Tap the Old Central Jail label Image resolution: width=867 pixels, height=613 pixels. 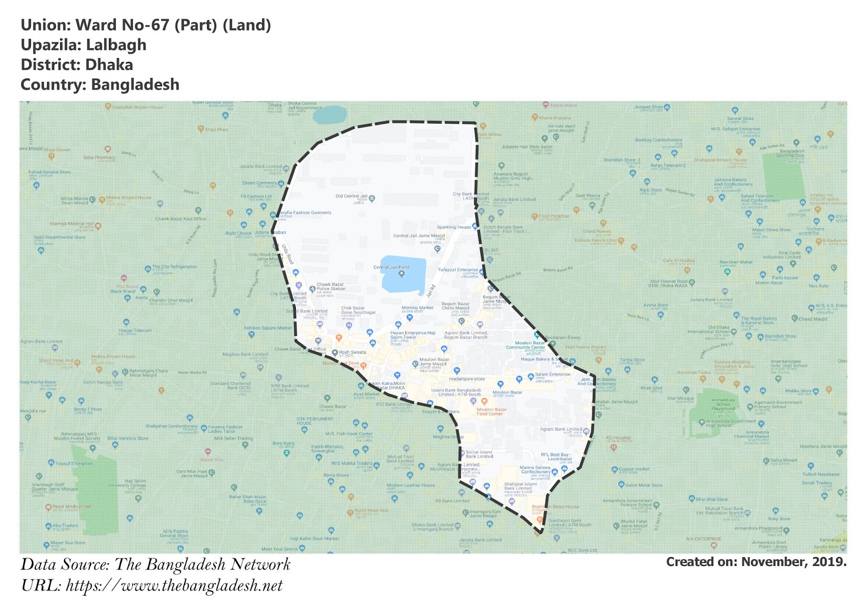coord(351,196)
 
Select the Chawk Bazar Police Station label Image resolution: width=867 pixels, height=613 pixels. coord(331,286)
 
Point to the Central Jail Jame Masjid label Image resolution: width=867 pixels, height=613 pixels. coord(419,236)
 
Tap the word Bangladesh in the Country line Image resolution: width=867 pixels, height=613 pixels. coord(135,85)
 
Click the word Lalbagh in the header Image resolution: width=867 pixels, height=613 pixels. coord(116,45)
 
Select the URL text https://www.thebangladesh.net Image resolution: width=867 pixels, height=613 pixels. coord(174,586)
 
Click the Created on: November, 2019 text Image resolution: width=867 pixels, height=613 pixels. coord(756,562)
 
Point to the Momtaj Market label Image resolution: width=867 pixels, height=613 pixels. coord(417,308)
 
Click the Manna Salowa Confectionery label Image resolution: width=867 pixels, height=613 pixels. coord(535,469)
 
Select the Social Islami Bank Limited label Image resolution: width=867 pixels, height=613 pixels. coord(479,454)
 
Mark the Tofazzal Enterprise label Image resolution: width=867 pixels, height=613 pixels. coord(458,270)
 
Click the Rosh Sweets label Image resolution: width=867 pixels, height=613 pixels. coord(352,352)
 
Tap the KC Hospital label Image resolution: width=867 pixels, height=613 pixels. coord(618,438)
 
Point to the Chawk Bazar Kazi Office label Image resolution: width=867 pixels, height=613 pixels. coord(180,219)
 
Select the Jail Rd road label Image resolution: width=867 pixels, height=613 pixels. coord(431,291)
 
